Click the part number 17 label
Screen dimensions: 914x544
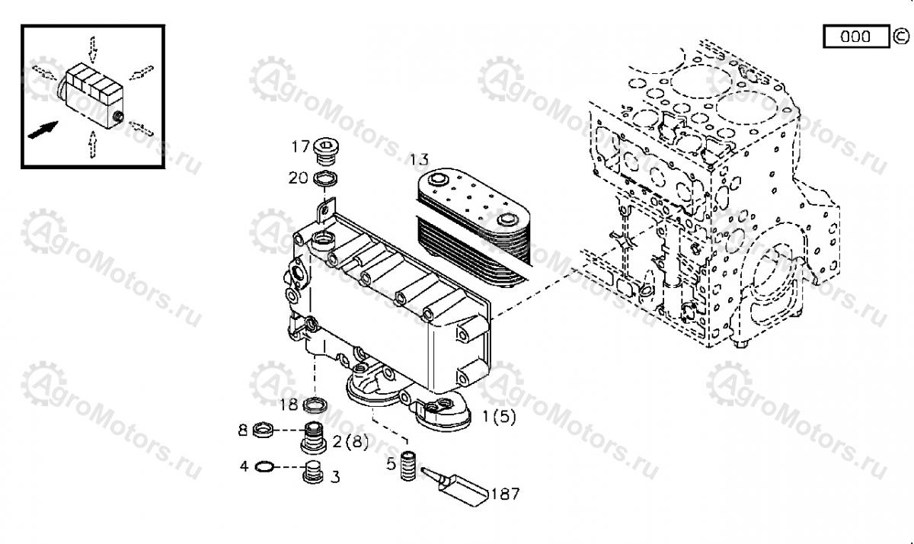click(x=300, y=146)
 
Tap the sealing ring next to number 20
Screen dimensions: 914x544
click(x=325, y=179)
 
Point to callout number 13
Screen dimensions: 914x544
click(x=419, y=159)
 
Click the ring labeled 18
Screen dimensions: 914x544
click(x=315, y=405)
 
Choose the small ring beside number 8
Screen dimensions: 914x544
click(x=263, y=430)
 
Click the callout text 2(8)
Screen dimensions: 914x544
click(x=350, y=441)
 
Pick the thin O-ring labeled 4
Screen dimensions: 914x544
click(x=264, y=466)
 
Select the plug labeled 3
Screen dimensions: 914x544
click(x=313, y=472)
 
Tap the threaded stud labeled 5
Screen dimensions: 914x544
click(x=408, y=466)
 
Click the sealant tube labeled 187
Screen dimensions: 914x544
click(x=454, y=486)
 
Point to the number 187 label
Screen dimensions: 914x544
click(x=505, y=494)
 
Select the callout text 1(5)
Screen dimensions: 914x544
click(x=499, y=417)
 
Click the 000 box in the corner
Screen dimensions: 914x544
click(x=856, y=37)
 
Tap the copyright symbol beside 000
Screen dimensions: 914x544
click(x=901, y=37)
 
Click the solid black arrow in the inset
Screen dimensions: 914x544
click(x=43, y=130)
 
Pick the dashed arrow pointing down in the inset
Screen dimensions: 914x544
click(x=93, y=50)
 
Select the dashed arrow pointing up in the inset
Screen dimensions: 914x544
click(x=93, y=144)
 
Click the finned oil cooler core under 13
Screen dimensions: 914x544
click(x=473, y=226)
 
